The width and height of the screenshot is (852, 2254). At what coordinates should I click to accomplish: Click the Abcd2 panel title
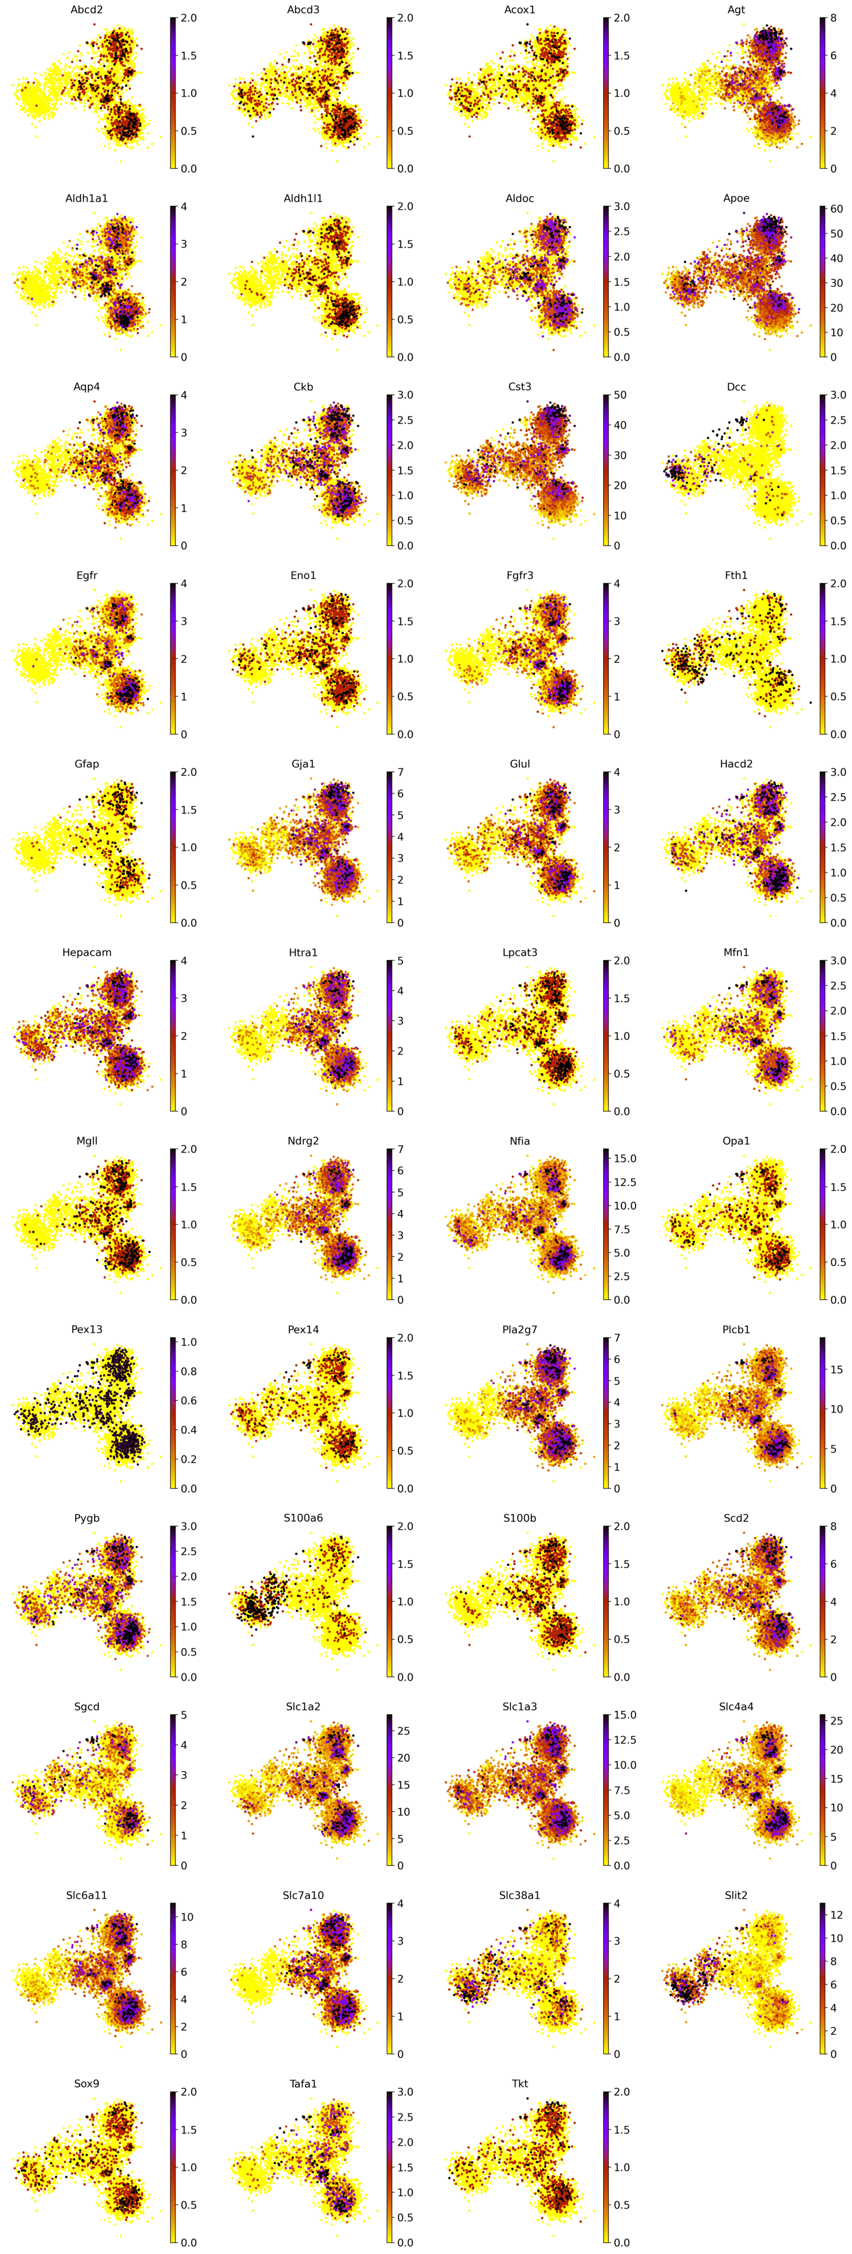[x=86, y=10]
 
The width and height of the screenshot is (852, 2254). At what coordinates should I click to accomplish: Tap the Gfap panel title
[x=86, y=764]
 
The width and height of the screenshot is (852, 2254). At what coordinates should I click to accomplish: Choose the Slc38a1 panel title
[x=520, y=1895]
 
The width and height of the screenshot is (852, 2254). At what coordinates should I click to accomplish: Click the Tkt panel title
[x=520, y=2084]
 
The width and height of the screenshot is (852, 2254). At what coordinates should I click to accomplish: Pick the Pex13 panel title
[x=86, y=1329]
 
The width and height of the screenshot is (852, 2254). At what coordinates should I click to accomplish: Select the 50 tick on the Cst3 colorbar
[x=620, y=396]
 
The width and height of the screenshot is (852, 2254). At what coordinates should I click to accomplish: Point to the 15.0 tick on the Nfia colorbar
[x=624, y=1158]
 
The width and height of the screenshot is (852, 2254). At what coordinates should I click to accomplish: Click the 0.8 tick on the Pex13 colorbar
[x=188, y=1371]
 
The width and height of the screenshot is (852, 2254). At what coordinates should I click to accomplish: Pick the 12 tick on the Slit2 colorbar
[x=836, y=1914]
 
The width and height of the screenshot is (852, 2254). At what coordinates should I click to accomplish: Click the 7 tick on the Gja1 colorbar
[x=401, y=773]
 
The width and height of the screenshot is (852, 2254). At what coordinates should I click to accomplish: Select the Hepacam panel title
[x=86, y=952]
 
